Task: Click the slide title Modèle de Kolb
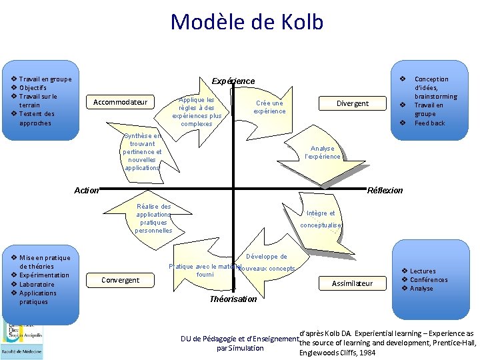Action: click(x=247, y=22)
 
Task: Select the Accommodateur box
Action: click(x=120, y=102)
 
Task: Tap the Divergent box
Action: click(x=353, y=103)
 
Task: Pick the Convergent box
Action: click(x=120, y=280)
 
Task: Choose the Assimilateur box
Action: click(x=353, y=283)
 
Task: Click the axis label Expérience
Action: click(x=233, y=81)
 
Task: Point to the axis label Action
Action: click(x=86, y=191)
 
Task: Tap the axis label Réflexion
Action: click(x=385, y=191)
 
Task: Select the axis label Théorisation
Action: click(x=233, y=299)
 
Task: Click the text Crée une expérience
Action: click(x=269, y=107)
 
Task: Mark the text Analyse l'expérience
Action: click(x=323, y=153)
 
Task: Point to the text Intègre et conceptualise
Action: click(x=321, y=219)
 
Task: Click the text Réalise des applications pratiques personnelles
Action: click(x=153, y=219)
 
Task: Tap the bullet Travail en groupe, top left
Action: click(x=45, y=79)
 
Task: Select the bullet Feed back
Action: click(x=429, y=123)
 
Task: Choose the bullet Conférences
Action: click(x=429, y=280)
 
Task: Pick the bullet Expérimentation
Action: click(x=44, y=275)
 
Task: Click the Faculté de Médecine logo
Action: click(x=21, y=340)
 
